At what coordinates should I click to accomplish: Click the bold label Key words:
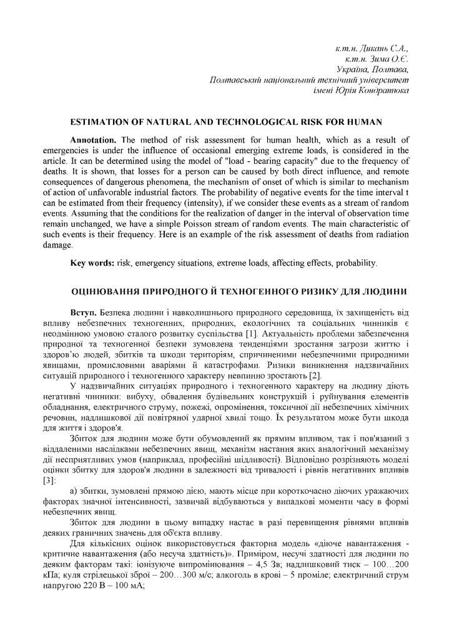click(92, 263)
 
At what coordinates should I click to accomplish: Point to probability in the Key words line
click(355, 263)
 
